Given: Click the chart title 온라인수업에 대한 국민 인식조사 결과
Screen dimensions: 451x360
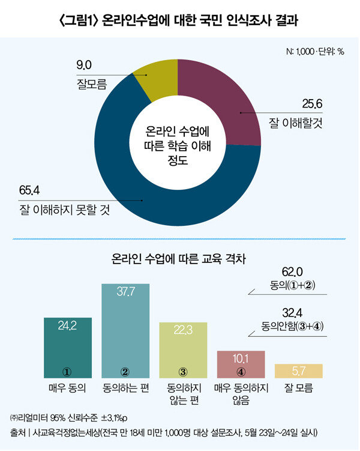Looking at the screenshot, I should point(180,20).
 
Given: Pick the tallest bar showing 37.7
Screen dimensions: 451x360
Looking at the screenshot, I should point(125,330).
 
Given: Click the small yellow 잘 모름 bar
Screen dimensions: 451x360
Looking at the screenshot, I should point(298,371).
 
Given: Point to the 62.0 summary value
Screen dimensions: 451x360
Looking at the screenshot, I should point(293,272).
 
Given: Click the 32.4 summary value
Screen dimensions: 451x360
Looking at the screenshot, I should point(293,313).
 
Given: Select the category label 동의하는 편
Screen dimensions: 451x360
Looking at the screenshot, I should point(125,388).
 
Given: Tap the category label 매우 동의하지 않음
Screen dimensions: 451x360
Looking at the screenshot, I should point(241,393).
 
